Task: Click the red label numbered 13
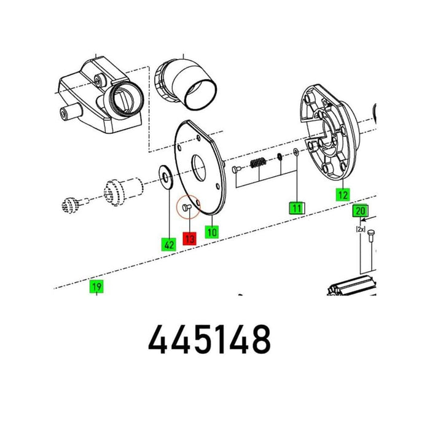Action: [x=190, y=238]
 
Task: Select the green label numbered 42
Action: [x=168, y=244]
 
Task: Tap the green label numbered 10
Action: [x=212, y=232]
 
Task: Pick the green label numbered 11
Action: [x=297, y=208]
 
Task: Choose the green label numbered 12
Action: [x=343, y=195]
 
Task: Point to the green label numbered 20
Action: [x=360, y=211]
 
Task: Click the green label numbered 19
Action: [x=96, y=287]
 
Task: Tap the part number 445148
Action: [x=209, y=339]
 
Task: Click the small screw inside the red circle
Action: [x=187, y=208]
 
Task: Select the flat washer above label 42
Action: [x=166, y=177]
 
